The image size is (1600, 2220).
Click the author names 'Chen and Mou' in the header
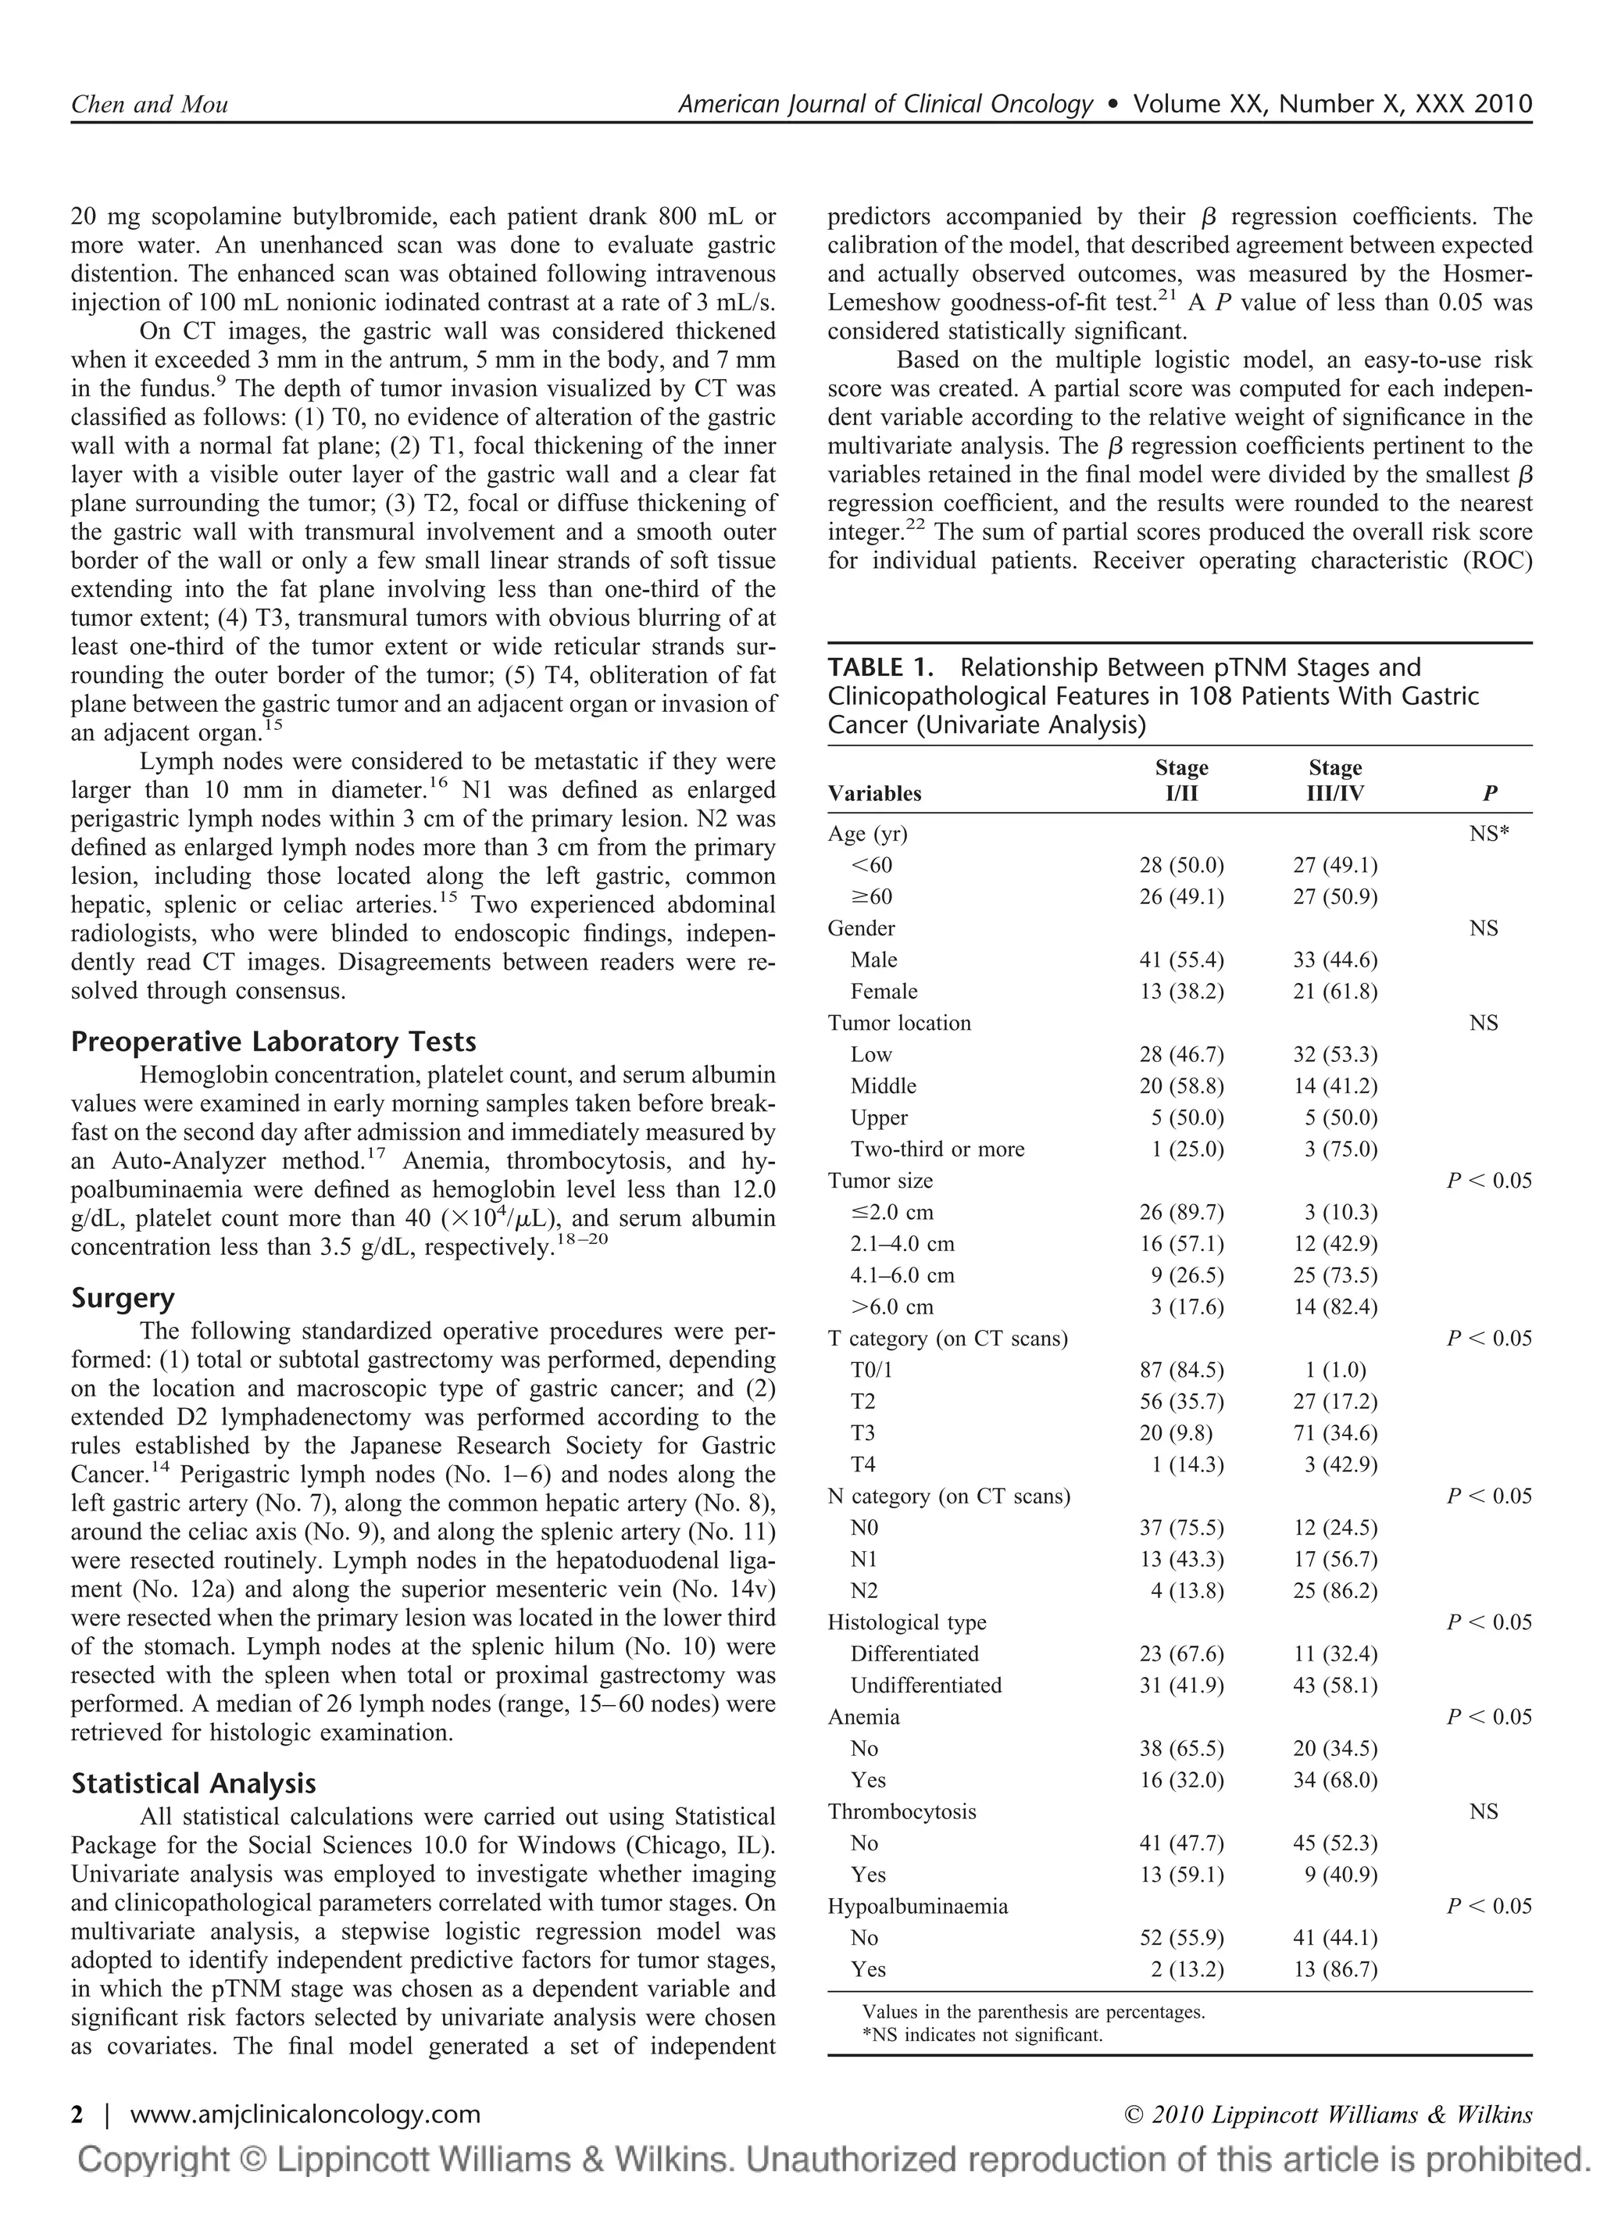pos(148,105)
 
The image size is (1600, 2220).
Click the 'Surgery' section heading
pos(123,1298)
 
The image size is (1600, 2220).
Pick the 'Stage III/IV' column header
pos(1335,780)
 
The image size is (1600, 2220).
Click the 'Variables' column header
pos(874,793)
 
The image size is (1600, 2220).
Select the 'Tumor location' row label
pos(898,1023)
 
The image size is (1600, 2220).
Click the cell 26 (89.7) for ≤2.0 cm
pos(1181,1213)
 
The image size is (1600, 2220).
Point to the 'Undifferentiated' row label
pos(926,1686)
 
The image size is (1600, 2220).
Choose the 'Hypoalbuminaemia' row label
pos(917,1907)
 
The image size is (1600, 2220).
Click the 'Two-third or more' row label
pos(937,1149)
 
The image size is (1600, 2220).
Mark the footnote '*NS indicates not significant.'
pos(981,2035)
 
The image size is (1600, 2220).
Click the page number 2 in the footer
pos(77,2115)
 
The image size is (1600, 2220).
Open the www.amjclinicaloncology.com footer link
pos(305,2115)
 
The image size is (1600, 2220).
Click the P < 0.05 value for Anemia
pos(1488,1717)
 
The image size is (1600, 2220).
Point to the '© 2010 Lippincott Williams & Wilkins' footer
pos(1329,2115)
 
